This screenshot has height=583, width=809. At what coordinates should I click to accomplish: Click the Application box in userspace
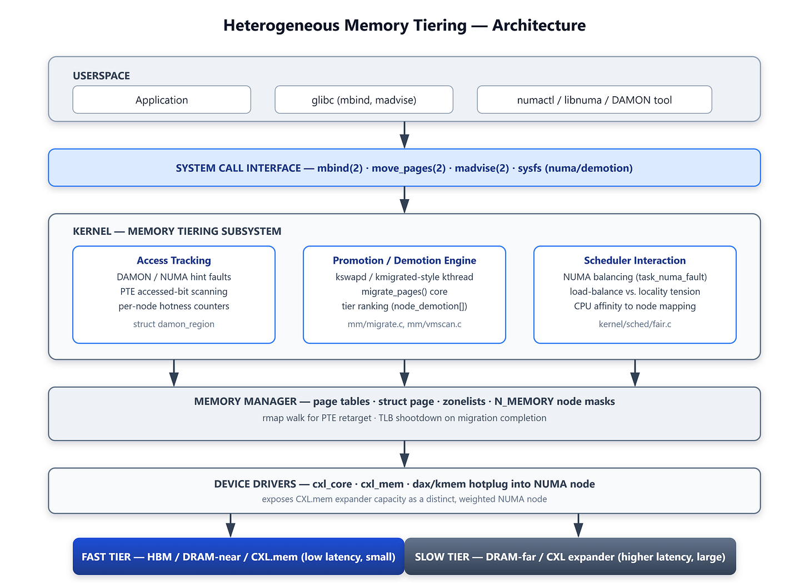pos(162,100)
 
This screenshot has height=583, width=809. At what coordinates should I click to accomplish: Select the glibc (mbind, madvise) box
pos(364,100)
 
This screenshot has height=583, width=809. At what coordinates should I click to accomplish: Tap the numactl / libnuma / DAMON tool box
pos(594,100)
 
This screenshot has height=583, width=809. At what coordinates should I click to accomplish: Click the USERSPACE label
pos(101,76)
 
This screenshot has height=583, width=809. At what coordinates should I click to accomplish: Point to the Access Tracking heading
pos(174,260)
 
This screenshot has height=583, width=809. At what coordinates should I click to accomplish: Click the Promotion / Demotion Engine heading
pos(404,260)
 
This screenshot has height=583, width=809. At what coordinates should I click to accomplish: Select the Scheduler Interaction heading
pos(635,260)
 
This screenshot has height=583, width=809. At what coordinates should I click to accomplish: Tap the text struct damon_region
pos(174,324)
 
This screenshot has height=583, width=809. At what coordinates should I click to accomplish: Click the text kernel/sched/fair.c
pos(635,324)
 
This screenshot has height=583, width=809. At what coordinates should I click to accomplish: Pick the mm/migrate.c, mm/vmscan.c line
pos(404,324)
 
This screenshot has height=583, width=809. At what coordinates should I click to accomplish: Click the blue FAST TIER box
pos(238,556)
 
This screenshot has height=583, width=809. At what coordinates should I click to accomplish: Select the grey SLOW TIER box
pos(570,556)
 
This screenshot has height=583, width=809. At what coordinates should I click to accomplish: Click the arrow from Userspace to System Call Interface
pos(404,135)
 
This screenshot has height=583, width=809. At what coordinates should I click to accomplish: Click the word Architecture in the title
pos(538,26)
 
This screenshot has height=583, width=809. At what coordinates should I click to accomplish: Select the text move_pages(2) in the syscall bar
pos(408,168)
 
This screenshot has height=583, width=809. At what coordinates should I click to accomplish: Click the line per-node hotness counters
pos(174,306)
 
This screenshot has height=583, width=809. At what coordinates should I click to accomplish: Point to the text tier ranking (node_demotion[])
pos(404,306)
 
